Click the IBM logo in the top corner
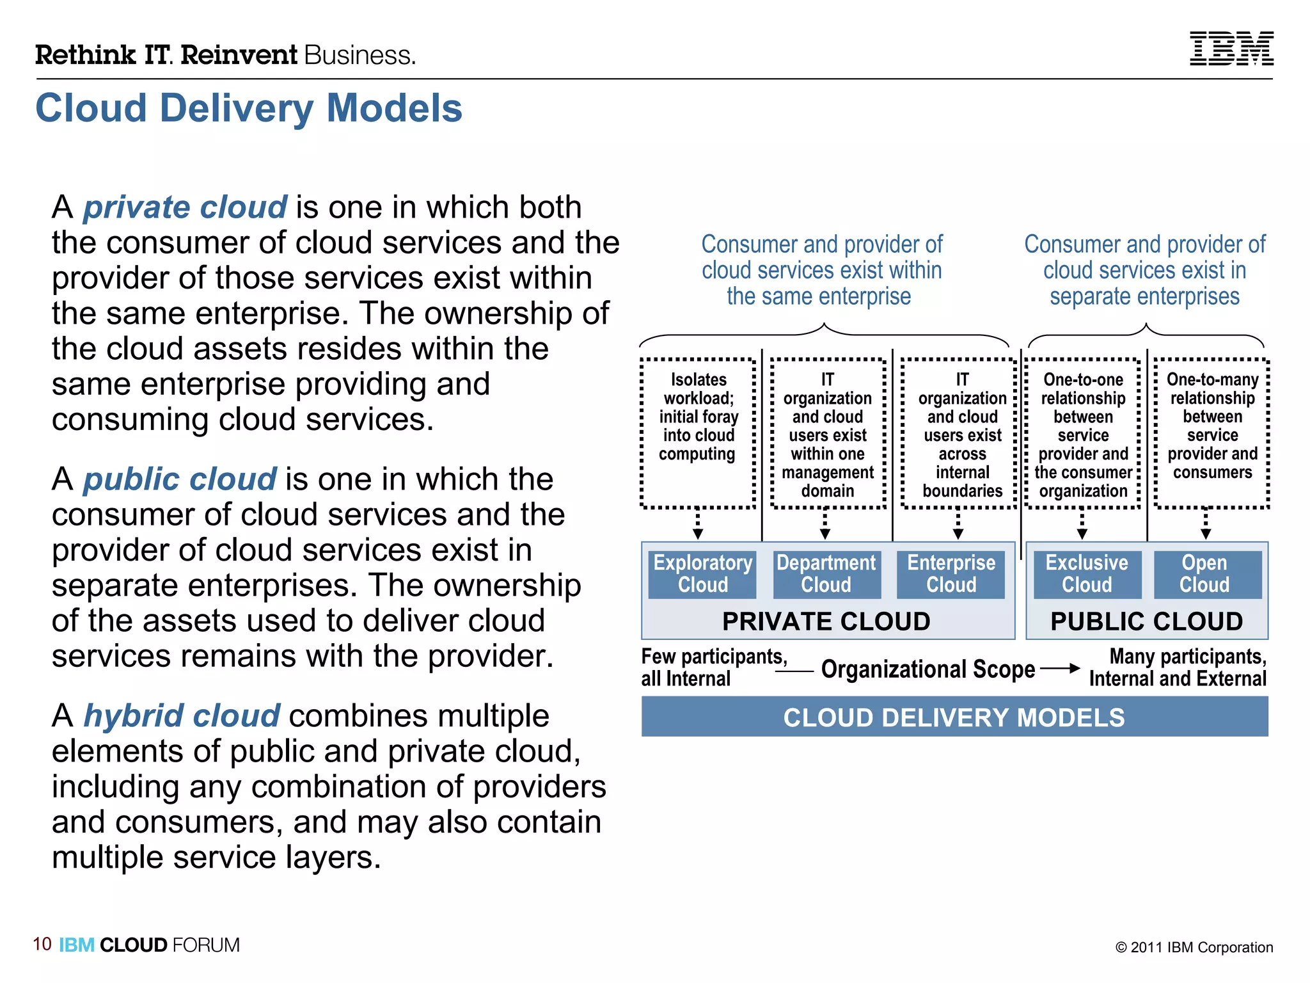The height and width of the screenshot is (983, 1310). [x=1231, y=49]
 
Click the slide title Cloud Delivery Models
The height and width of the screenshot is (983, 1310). [x=249, y=108]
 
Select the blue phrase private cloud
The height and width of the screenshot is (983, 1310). [x=185, y=207]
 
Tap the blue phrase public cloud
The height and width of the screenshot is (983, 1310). [x=180, y=479]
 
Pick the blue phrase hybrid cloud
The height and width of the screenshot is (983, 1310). [x=182, y=715]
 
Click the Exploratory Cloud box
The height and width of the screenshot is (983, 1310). [x=702, y=574]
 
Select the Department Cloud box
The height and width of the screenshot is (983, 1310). [x=826, y=574]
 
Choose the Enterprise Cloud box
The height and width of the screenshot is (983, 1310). [x=951, y=574]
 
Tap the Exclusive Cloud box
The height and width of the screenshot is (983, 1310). [x=1086, y=574]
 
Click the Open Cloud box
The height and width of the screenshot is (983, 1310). [x=1204, y=574]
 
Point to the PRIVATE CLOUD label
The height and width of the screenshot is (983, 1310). [x=826, y=621]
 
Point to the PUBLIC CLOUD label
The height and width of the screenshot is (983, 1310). [x=1146, y=621]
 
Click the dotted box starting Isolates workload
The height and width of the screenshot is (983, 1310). [x=698, y=433]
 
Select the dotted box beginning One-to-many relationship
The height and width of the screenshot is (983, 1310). [x=1211, y=433]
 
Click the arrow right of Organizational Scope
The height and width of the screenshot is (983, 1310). [x=1060, y=669]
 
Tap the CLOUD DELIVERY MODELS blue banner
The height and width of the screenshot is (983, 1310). [x=954, y=717]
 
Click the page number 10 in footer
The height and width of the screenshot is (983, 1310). [x=42, y=944]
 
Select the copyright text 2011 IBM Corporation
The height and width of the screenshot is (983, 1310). [x=1194, y=947]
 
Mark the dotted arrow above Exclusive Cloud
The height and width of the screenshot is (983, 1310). [x=1082, y=524]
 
